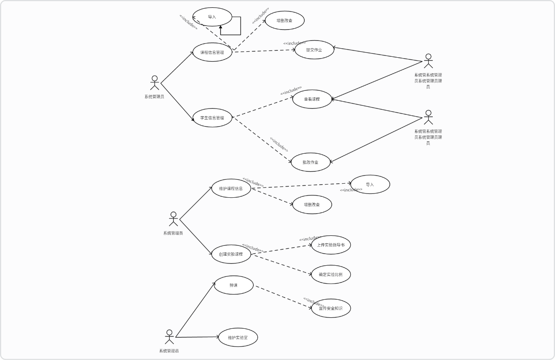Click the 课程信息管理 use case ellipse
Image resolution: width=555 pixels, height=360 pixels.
[212, 53]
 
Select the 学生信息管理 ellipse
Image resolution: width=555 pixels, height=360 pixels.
[212, 117]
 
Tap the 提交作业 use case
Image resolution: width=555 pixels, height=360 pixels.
[314, 50]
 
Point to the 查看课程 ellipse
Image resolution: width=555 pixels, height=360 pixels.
[312, 99]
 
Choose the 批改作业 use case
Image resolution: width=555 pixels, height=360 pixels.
[311, 162]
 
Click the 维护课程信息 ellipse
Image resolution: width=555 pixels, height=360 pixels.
[231, 188]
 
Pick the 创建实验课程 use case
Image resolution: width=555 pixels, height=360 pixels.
[231, 254]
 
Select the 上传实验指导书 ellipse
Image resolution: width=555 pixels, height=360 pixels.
[331, 245]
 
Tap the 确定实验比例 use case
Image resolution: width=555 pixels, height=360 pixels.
[331, 274]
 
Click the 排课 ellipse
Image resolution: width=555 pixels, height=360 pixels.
[234, 285]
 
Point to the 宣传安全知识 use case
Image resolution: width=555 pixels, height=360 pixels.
[331, 308]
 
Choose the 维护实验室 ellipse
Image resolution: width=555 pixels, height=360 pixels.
[238, 337]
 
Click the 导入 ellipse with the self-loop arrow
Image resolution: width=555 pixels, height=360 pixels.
[212, 17]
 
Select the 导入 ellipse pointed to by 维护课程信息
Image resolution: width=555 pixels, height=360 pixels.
[370, 184]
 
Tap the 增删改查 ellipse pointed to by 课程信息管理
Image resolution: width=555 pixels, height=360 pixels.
[285, 20]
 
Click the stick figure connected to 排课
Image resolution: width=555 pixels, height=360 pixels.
[169, 337]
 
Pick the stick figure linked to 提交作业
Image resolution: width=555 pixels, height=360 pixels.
[428, 61]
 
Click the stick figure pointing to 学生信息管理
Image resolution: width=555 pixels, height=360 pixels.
[155, 83]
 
